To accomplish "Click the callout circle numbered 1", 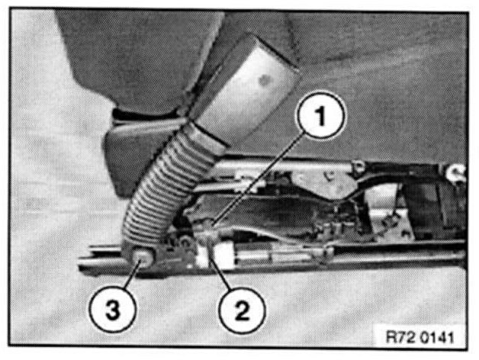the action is pos(321,115).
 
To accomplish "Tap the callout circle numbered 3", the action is pos(112,310).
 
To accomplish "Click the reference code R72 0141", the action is pos(420,337).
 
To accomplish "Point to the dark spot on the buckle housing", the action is pos(262,80).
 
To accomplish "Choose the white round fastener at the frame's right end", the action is pos(456,171).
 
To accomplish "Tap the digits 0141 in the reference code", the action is pos(437,337).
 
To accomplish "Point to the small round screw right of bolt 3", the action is pos(185,242).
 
